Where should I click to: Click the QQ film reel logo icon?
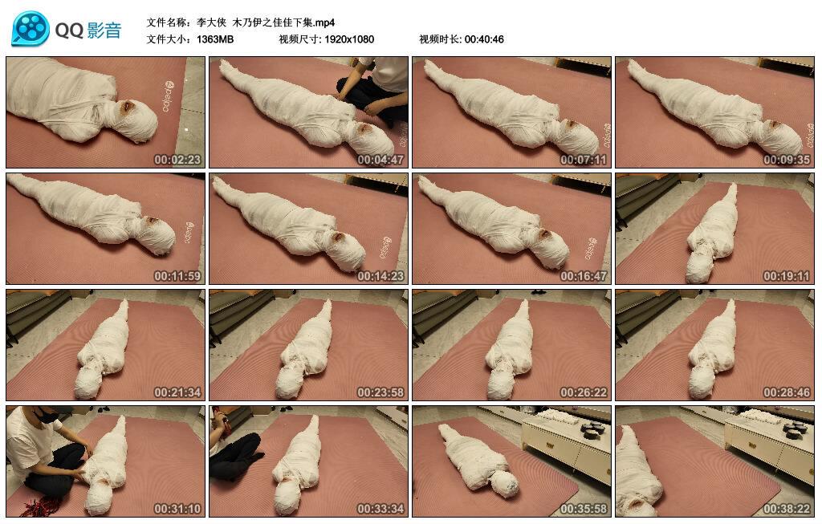click(x=31, y=29)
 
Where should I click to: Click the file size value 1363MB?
click(x=215, y=39)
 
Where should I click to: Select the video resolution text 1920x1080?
click(x=349, y=39)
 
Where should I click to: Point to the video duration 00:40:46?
click(x=484, y=39)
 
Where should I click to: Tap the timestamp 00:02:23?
click(x=177, y=160)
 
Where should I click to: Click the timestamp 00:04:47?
click(x=380, y=160)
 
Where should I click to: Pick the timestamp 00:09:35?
click(x=787, y=160)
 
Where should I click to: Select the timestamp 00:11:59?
click(x=177, y=276)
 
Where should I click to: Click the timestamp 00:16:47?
click(x=584, y=276)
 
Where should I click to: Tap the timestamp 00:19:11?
click(x=787, y=276)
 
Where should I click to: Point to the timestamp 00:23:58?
click(x=380, y=392)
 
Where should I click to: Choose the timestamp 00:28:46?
click(x=787, y=392)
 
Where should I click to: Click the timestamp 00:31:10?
click(x=177, y=509)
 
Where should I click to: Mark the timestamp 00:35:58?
click(x=584, y=509)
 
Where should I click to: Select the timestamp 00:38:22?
click(x=787, y=509)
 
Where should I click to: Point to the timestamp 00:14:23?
click(x=380, y=276)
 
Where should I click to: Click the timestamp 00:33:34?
click(x=380, y=509)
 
